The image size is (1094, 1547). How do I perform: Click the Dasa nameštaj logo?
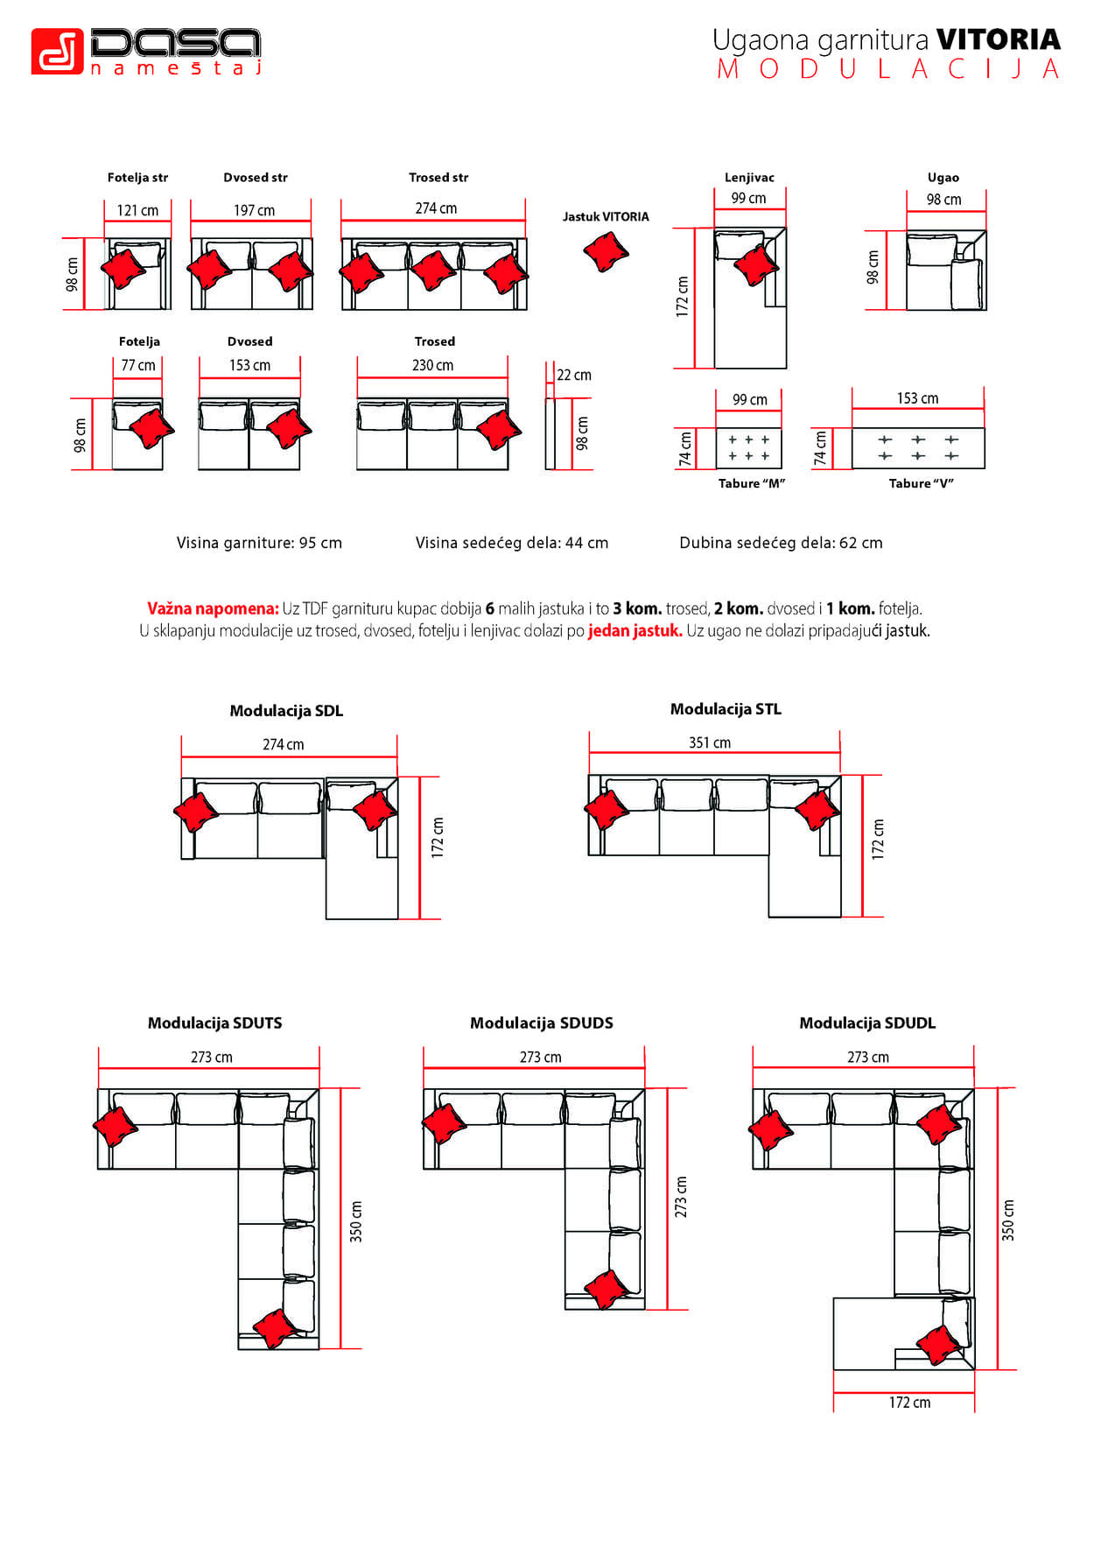[x=145, y=51]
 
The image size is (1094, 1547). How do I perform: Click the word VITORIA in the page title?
[x=998, y=39]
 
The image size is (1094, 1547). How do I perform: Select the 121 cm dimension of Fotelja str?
[x=137, y=210]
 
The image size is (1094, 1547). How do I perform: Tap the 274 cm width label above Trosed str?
[x=436, y=208]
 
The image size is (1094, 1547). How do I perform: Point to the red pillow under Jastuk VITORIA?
[x=606, y=251]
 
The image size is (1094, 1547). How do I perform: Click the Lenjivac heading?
[x=749, y=178]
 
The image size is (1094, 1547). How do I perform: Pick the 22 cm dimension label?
[x=574, y=375]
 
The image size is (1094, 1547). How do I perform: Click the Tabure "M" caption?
[x=751, y=483]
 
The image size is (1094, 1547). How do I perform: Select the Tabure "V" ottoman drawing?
[x=918, y=447]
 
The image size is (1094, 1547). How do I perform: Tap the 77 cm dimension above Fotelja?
[x=138, y=365]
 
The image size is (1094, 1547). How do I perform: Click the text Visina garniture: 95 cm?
[x=259, y=543]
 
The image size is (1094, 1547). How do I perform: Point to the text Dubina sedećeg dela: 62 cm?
[x=781, y=543]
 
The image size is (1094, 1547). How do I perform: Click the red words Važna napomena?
[x=213, y=608]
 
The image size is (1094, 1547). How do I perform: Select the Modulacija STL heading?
[x=726, y=709]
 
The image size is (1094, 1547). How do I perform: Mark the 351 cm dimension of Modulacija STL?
[x=709, y=742]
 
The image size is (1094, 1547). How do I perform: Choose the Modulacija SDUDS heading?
[x=541, y=1023]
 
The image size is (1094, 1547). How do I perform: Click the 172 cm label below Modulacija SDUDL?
[x=909, y=1403]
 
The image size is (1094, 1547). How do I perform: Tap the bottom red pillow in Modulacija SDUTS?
[x=275, y=1328]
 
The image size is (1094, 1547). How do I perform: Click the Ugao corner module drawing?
[x=945, y=271]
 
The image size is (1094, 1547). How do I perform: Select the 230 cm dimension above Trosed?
[x=432, y=365]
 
